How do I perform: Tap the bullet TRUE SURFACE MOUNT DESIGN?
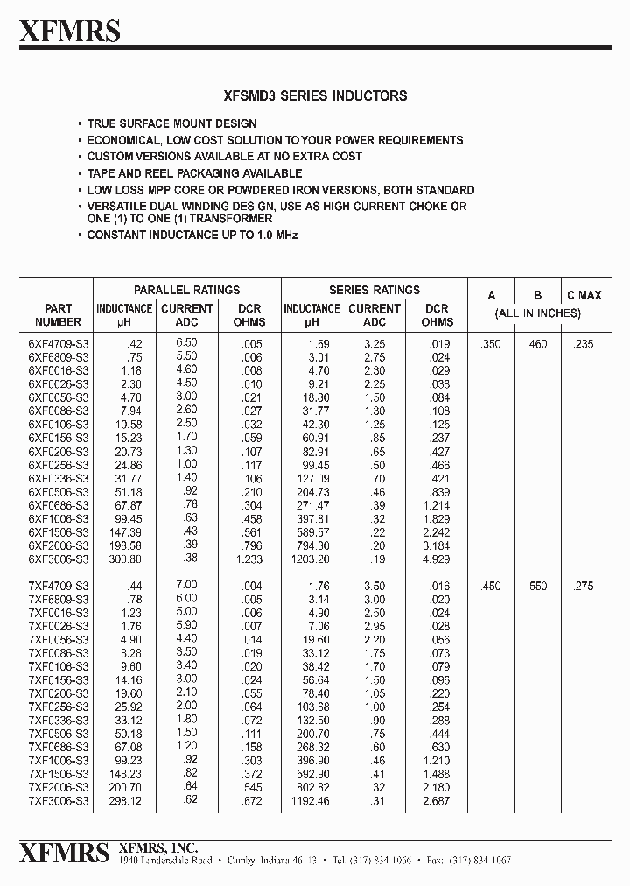click(171, 123)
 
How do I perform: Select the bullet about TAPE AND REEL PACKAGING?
click(194, 173)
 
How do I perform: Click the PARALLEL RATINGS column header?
click(186, 290)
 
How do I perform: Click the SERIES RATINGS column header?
click(374, 290)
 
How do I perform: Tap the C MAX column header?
click(584, 295)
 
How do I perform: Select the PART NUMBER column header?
click(58, 315)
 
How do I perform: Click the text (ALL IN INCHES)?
click(537, 313)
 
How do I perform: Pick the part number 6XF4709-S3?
click(58, 344)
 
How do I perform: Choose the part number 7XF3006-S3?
click(58, 802)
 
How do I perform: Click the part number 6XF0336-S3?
click(58, 478)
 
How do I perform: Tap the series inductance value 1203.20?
click(311, 559)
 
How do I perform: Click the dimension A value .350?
click(491, 344)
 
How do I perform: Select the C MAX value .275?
click(583, 586)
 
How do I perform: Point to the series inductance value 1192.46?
click(311, 802)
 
